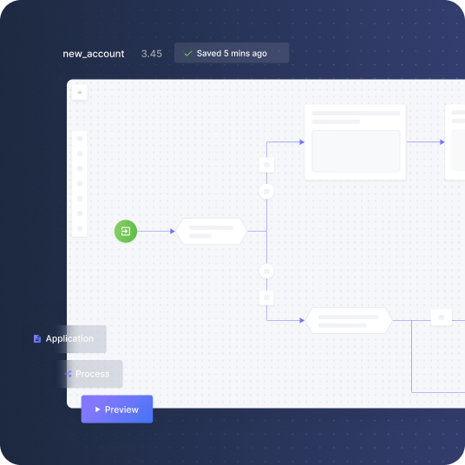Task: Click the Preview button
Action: [117, 409]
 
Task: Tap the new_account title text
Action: [94, 54]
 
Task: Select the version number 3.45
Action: [152, 54]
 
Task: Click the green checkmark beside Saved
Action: [188, 54]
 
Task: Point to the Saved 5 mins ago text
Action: [232, 54]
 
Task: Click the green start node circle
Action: [126, 231]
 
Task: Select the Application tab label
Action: [69, 338]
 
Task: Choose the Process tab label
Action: [93, 374]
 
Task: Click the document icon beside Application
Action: [37, 338]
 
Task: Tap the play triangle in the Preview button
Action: [97, 409]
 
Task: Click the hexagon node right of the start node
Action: [211, 232]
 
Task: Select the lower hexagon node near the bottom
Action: [349, 321]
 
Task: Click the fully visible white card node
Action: [355, 142]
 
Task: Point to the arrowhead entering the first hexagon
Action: [173, 231]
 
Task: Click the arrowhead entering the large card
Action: [302, 142]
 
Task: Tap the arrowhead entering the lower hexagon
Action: [302, 320]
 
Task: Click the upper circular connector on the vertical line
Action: [266, 192]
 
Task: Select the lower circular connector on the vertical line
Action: [266, 271]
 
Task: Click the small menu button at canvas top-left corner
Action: [80, 92]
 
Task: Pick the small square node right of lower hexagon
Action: [442, 318]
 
